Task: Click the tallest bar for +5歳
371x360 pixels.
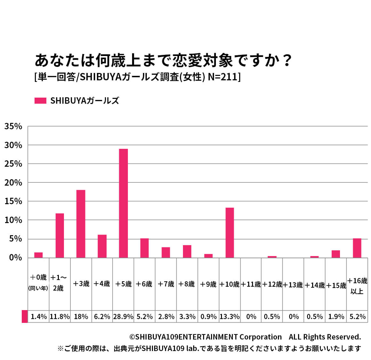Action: click(x=123, y=203)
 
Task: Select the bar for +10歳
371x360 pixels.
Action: click(x=230, y=233)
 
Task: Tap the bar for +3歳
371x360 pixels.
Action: click(x=81, y=224)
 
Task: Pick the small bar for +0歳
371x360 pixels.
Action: click(x=38, y=255)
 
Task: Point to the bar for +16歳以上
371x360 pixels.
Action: click(x=357, y=248)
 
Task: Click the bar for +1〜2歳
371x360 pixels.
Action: click(x=60, y=236)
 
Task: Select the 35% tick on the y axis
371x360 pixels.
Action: click(x=13, y=126)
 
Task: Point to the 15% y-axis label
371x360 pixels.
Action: click(x=13, y=202)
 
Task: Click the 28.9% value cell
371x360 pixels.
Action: click(x=123, y=316)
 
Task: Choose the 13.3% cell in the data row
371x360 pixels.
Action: click(x=230, y=316)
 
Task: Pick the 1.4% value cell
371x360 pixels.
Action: click(x=39, y=316)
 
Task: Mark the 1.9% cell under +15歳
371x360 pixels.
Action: click(x=336, y=316)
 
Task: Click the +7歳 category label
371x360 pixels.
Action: click(x=166, y=284)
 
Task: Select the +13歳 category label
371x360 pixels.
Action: click(x=293, y=285)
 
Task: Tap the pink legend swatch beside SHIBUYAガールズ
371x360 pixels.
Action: click(x=40, y=101)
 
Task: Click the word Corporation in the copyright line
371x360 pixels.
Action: click(x=260, y=337)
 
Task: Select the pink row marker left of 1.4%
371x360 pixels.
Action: click(x=25, y=316)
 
